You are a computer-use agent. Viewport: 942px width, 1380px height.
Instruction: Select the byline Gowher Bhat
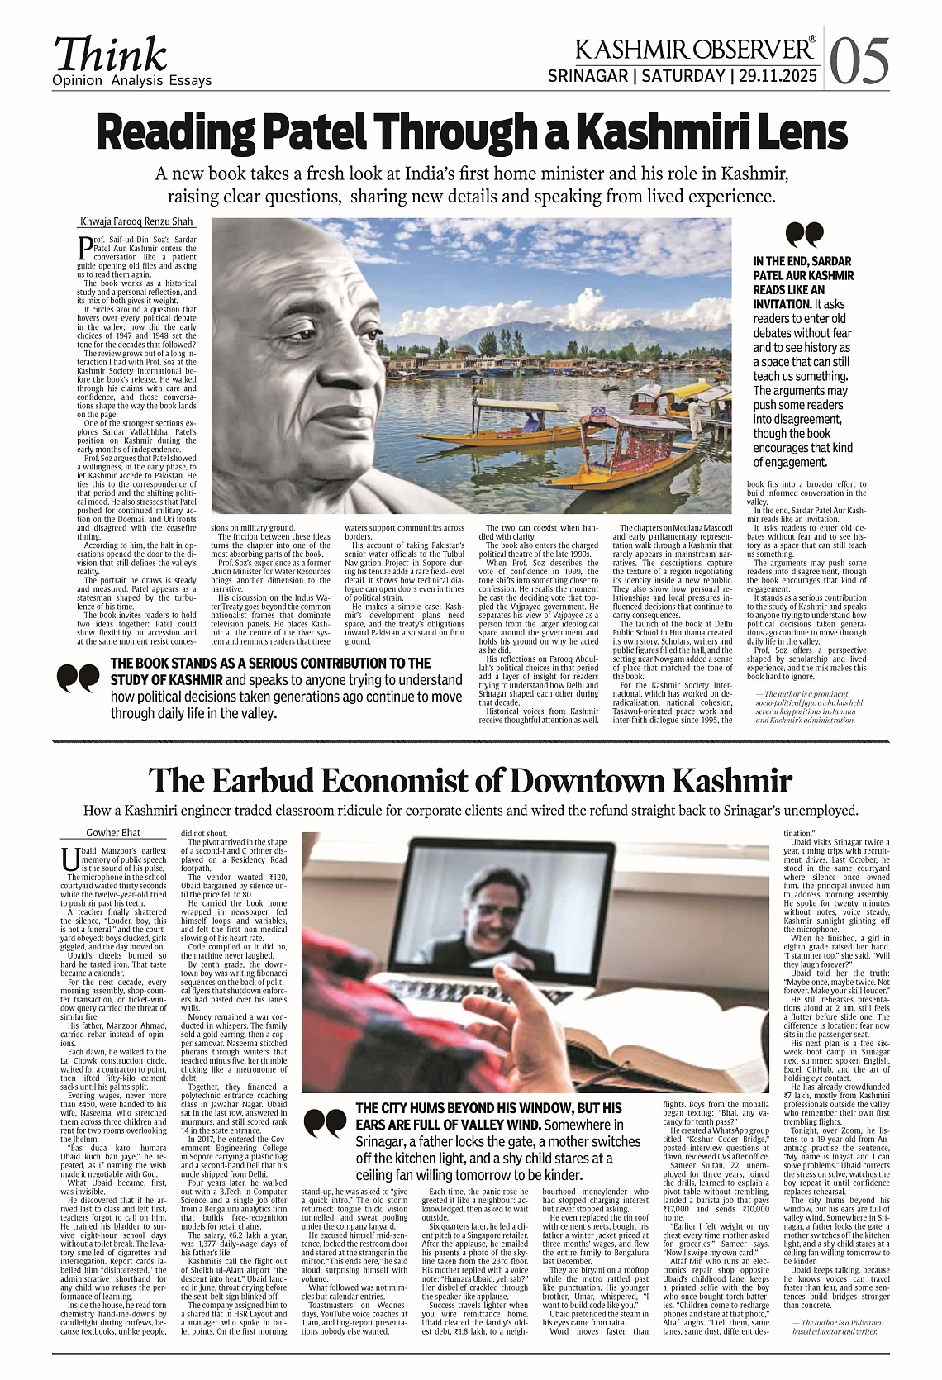tap(113, 832)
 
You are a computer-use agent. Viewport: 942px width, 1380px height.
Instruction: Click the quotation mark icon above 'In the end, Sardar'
tap(804, 236)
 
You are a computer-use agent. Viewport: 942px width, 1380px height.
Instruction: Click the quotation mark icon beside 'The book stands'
tap(78, 678)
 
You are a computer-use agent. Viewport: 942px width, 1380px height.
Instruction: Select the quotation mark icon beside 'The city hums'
tap(325, 1122)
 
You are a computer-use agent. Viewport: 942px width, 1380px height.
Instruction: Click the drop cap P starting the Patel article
tap(84, 246)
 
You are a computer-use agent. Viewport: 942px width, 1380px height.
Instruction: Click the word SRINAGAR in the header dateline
tap(587, 77)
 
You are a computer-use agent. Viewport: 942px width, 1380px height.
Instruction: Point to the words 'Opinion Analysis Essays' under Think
tap(131, 80)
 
